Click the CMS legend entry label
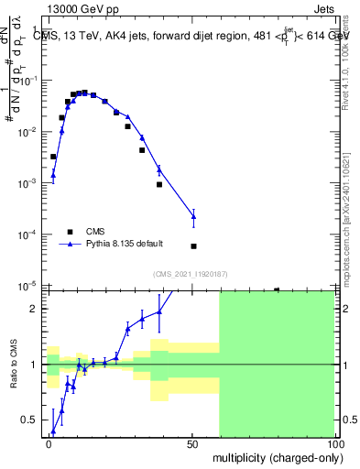95,232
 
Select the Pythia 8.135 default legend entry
125,244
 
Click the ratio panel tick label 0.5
32,420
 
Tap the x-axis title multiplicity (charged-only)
274,455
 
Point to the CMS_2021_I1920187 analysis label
191,274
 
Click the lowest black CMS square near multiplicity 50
193,246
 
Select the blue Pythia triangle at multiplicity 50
193,217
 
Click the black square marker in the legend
69,232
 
